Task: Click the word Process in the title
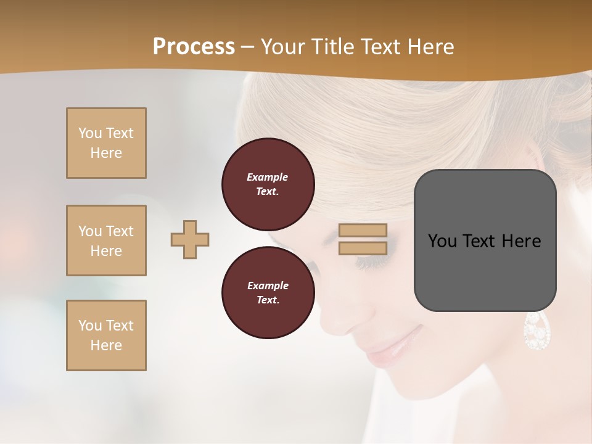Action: click(x=194, y=47)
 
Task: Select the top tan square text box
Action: click(x=106, y=143)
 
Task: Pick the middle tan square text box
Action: click(x=106, y=240)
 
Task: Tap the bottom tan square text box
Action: click(x=106, y=335)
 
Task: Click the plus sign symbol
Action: click(x=190, y=239)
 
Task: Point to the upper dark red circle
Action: click(x=268, y=184)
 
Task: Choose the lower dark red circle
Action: click(x=268, y=293)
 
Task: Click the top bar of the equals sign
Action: click(x=363, y=231)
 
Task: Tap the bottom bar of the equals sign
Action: click(x=363, y=248)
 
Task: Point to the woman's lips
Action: click(x=395, y=345)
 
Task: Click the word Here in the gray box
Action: click(x=521, y=241)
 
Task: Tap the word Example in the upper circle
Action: click(x=268, y=177)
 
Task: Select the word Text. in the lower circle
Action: click(x=268, y=300)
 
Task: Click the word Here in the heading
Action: click(x=432, y=47)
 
